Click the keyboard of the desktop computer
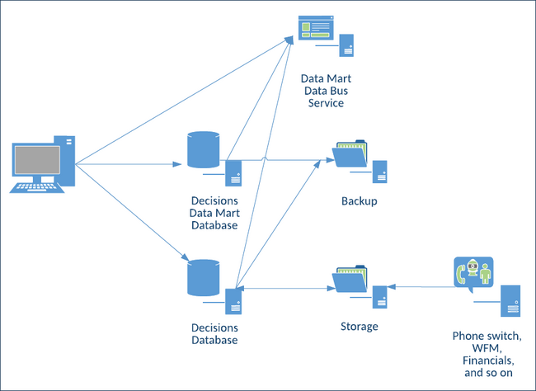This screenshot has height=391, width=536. click(36, 187)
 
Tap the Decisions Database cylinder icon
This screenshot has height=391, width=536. click(204, 277)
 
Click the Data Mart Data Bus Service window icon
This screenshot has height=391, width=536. click(317, 30)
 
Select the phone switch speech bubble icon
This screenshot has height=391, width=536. click(473, 273)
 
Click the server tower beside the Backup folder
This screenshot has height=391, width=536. click(380, 172)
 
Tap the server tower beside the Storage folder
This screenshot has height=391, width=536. click(380, 297)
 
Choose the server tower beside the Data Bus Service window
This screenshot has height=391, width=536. click(347, 46)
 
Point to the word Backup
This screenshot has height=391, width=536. click(359, 201)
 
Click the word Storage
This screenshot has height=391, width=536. click(359, 327)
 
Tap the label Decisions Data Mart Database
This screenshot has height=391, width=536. click(214, 213)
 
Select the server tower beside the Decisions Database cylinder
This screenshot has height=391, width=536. click(233, 300)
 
